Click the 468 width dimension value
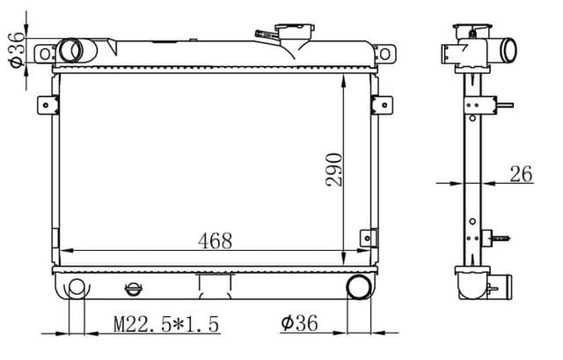(x=215, y=240)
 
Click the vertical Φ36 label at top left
(x=15, y=50)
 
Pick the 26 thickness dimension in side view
(x=521, y=174)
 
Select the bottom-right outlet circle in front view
(x=359, y=287)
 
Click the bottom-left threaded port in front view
(x=76, y=288)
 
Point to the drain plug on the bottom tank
(x=132, y=287)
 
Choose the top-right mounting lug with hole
(x=383, y=54)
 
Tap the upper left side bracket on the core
(x=48, y=105)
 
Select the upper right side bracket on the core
(x=379, y=105)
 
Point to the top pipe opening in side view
(x=508, y=51)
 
